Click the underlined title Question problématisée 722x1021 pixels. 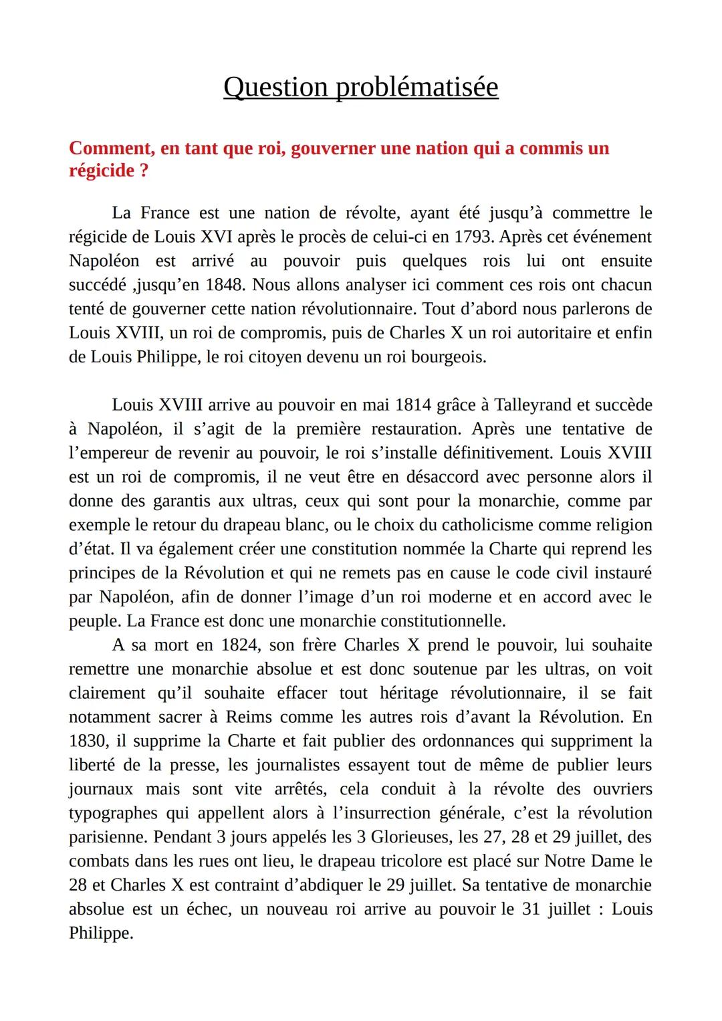(360, 88)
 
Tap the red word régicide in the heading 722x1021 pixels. (102, 171)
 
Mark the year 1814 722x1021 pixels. (413, 405)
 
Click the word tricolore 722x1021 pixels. (412, 862)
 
